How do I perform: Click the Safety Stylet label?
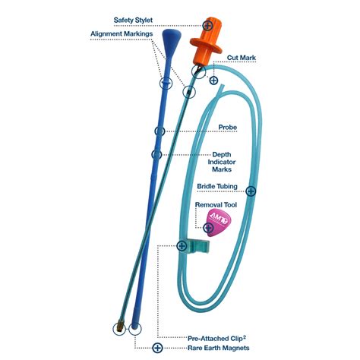point(133,20)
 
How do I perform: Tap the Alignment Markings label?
point(122,34)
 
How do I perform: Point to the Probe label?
point(227,127)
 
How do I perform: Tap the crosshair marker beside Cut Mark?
point(213,80)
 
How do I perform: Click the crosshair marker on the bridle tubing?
point(251,191)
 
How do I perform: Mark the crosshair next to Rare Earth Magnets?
point(157,348)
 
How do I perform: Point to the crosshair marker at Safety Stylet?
point(187,26)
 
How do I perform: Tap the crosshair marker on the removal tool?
point(208,227)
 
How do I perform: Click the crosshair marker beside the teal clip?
point(182,245)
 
